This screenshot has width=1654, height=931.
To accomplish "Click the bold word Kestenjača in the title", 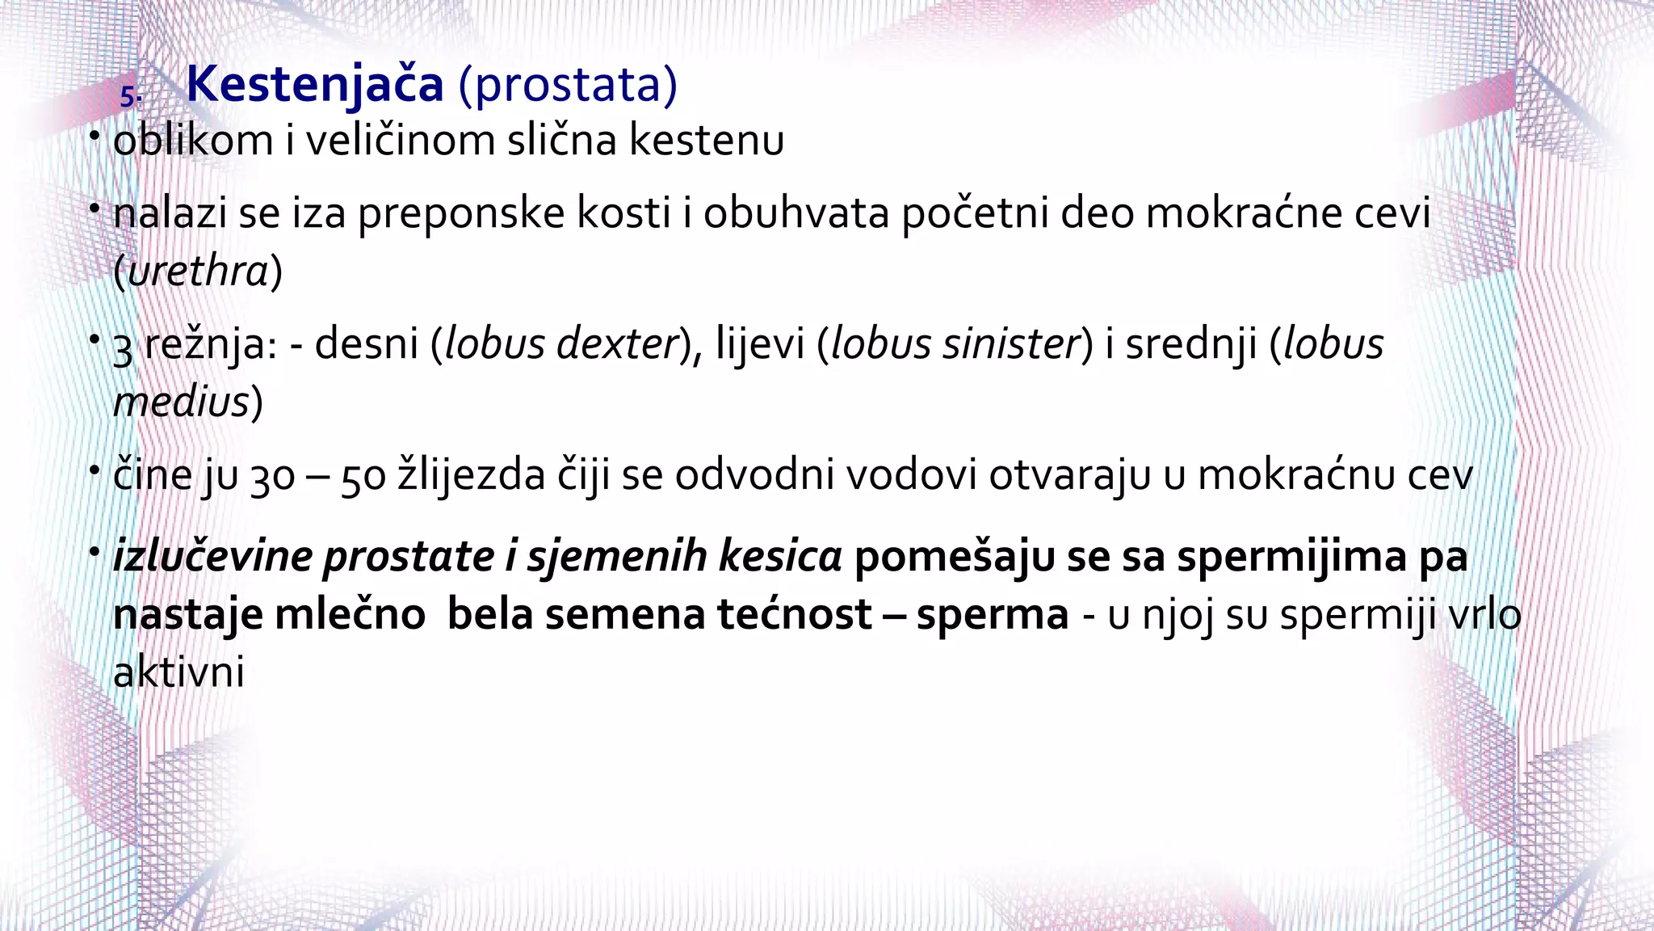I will click(315, 84).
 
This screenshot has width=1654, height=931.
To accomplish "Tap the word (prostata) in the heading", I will click(568, 84).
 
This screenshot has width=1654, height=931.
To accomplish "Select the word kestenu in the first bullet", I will click(707, 140).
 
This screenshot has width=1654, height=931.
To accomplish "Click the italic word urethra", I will click(198, 271).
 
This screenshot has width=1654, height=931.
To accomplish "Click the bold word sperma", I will click(993, 614).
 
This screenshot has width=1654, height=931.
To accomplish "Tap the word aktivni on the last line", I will click(178, 672).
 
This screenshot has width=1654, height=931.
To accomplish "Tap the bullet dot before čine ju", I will click(95, 470).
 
